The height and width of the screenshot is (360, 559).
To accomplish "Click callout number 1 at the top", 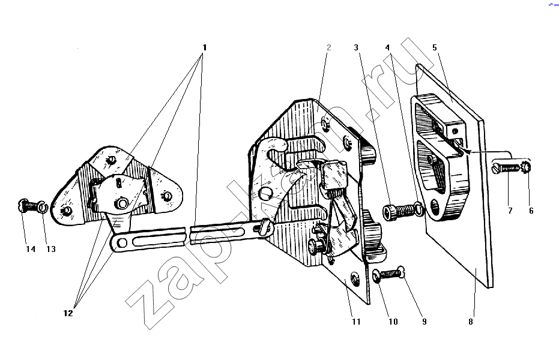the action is coord(204,47).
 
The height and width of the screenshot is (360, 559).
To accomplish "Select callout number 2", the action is coord(328,47).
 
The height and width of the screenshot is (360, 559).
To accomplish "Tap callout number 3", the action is coord(356,47).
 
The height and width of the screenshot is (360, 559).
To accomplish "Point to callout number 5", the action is coord(435,47).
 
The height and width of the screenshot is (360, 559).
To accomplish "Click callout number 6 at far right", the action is coord(531,211).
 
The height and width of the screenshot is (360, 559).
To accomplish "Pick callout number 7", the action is coord(510,211).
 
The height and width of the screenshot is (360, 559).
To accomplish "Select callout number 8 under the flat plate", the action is coord(471,322).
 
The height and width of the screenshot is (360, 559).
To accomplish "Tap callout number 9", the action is coord(425,322).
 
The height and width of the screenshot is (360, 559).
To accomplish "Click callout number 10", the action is coord(393,322).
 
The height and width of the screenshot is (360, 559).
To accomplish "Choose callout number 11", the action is coord(356,322).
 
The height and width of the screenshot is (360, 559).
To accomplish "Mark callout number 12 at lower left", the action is coord(68,313).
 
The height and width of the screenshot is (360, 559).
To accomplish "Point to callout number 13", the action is coord(51,249).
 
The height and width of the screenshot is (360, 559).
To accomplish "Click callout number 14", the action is coord(31,249).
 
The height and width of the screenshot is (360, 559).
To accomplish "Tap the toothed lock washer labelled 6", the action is coord(526,167).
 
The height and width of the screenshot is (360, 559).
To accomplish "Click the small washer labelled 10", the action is coord(376,277).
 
